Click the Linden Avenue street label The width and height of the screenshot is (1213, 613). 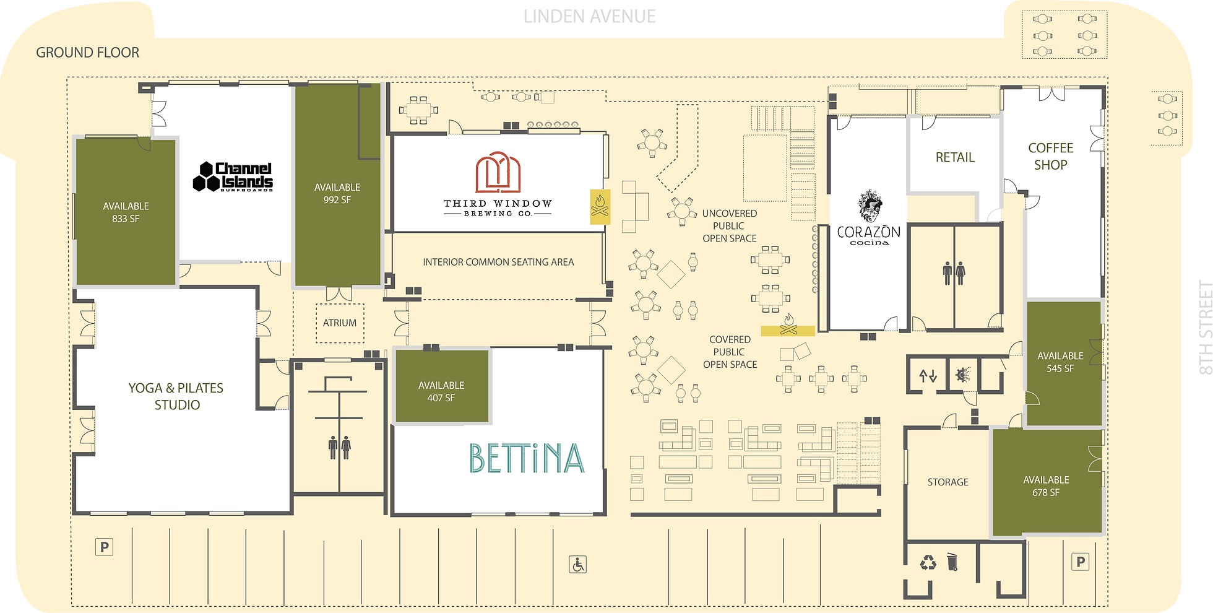[589, 17]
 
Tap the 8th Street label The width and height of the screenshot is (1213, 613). [1205, 328]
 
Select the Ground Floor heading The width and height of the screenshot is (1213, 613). [88, 53]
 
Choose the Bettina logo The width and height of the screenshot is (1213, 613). [527, 459]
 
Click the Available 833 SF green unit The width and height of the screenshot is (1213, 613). [126, 212]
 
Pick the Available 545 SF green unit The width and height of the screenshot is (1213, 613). [1063, 363]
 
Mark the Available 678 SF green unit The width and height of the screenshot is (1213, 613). [1047, 482]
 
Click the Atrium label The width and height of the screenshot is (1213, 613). [340, 323]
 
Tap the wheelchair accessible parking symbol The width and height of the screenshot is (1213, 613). [577, 565]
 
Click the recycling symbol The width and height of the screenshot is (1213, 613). [928, 562]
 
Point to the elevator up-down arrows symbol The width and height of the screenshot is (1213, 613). [928, 375]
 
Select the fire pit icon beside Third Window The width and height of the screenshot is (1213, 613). [600, 206]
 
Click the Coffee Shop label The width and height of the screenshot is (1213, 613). [1051, 157]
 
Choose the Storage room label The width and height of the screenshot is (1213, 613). [948, 482]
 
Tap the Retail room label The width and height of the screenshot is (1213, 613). [955, 157]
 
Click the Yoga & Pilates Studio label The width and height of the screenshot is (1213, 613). [176, 396]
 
